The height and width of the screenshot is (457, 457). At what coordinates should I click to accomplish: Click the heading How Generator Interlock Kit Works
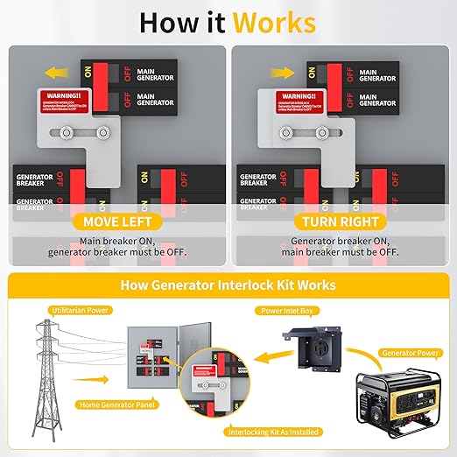pyautogui.click(x=228, y=285)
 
